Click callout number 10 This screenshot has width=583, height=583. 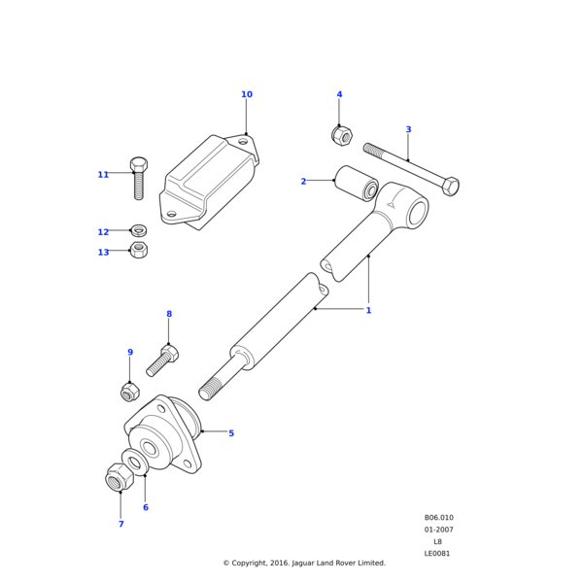247,94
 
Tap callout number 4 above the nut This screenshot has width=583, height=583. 339,94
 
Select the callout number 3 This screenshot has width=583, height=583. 408,129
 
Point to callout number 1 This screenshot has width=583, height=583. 368,310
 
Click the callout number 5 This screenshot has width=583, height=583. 231,433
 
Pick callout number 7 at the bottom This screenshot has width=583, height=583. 120,524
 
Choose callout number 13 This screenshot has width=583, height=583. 103,253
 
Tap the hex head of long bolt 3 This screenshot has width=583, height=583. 449,185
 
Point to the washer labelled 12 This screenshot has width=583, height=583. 139,231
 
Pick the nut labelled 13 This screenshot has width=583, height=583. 139,251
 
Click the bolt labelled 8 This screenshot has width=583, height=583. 162,361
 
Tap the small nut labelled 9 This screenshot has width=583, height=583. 129,393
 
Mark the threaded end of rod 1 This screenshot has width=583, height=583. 212,389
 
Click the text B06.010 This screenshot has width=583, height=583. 438,518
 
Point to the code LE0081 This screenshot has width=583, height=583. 437,554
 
